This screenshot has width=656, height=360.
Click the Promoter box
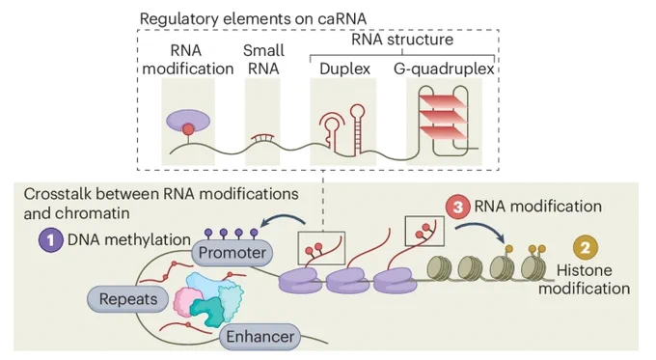pyautogui.click(x=232, y=253)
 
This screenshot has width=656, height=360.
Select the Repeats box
pyautogui.click(x=128, y=299)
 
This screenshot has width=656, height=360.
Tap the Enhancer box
pyautogui.click(x=260, y=337)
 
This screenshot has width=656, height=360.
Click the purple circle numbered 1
pyautogui.click(x=50, y=240)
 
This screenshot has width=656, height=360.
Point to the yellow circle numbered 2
pyautogui.click(x=586, y=247)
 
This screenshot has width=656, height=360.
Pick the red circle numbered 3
pyautogui.click(x=457, y=207)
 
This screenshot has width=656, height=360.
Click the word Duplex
pyautogui.click(x=344, y=69)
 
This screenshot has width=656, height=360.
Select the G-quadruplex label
pyautogui.click(x=444, y=69)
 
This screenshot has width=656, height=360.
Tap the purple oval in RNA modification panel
pyautogui.click(x=188, y=120)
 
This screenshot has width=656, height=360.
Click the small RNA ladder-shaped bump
pyautogui.click(x=262, y=137)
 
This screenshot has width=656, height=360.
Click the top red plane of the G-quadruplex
pyautogui.click(x=443, y=101)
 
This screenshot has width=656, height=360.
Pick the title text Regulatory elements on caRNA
pyautogui.click(x=253, y=19)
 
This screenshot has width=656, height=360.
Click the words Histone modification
pyautogui.click(x=584, y=279)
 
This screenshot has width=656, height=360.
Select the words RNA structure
pyautogui.click(x=402, y=40)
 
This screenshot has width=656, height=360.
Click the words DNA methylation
pyautogui.click(x=129, y=240)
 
